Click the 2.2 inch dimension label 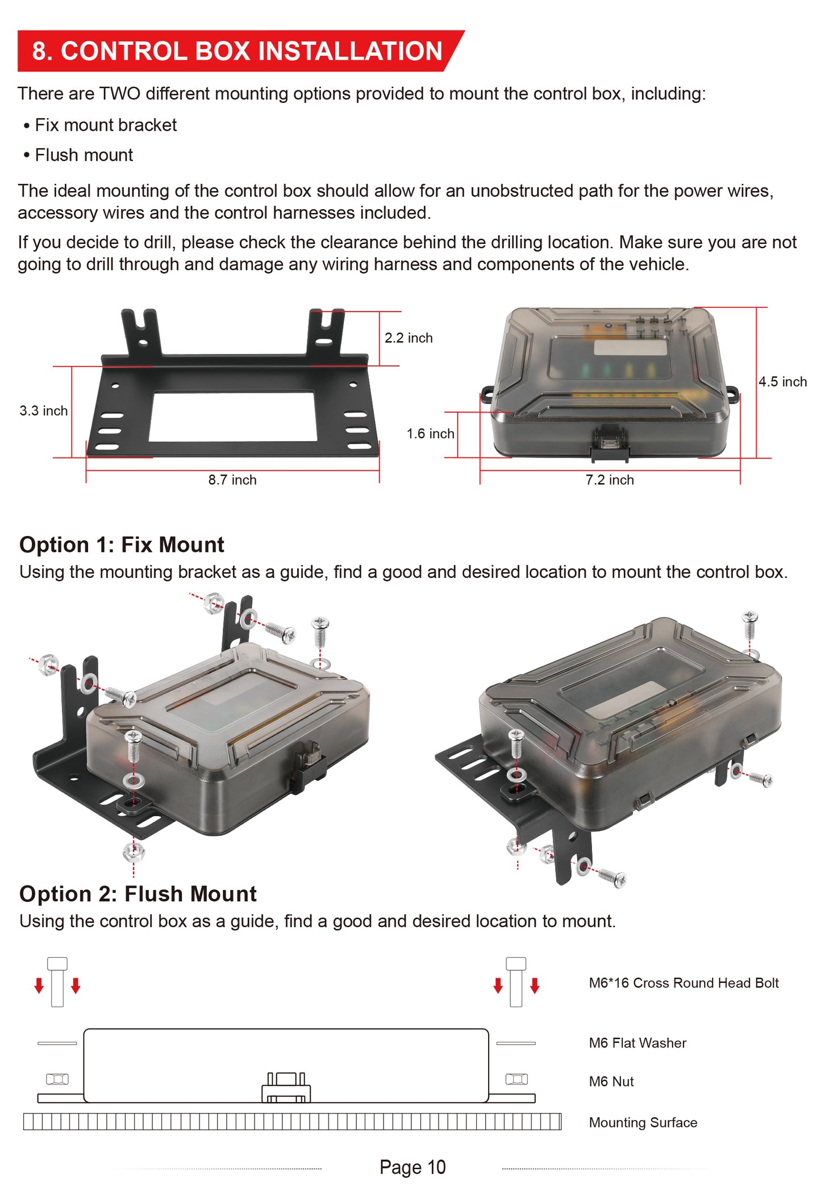[409, 338]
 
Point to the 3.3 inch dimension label [44, 411]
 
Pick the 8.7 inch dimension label [232, 480]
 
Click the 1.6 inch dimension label [431, 434]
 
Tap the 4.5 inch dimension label [783, 382]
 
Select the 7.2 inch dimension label [610, 480]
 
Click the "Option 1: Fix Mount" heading [122, 544]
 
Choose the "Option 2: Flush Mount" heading [138, 894]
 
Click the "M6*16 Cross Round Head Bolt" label [684, 983]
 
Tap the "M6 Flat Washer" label [637, 1044]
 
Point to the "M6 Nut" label [611, 1082]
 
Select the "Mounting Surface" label [643, 1123]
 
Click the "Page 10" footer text [412, 1167]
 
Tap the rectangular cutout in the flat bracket [233, 417]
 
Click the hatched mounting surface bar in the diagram [292, 1122]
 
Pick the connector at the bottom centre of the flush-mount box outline [286, 1088]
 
